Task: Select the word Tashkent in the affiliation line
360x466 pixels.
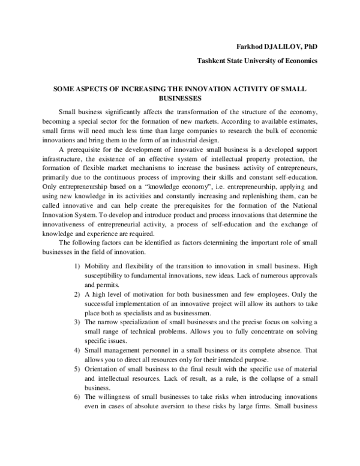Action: (x=213, y=61)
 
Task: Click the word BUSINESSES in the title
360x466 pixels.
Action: (x=179, y=97)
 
